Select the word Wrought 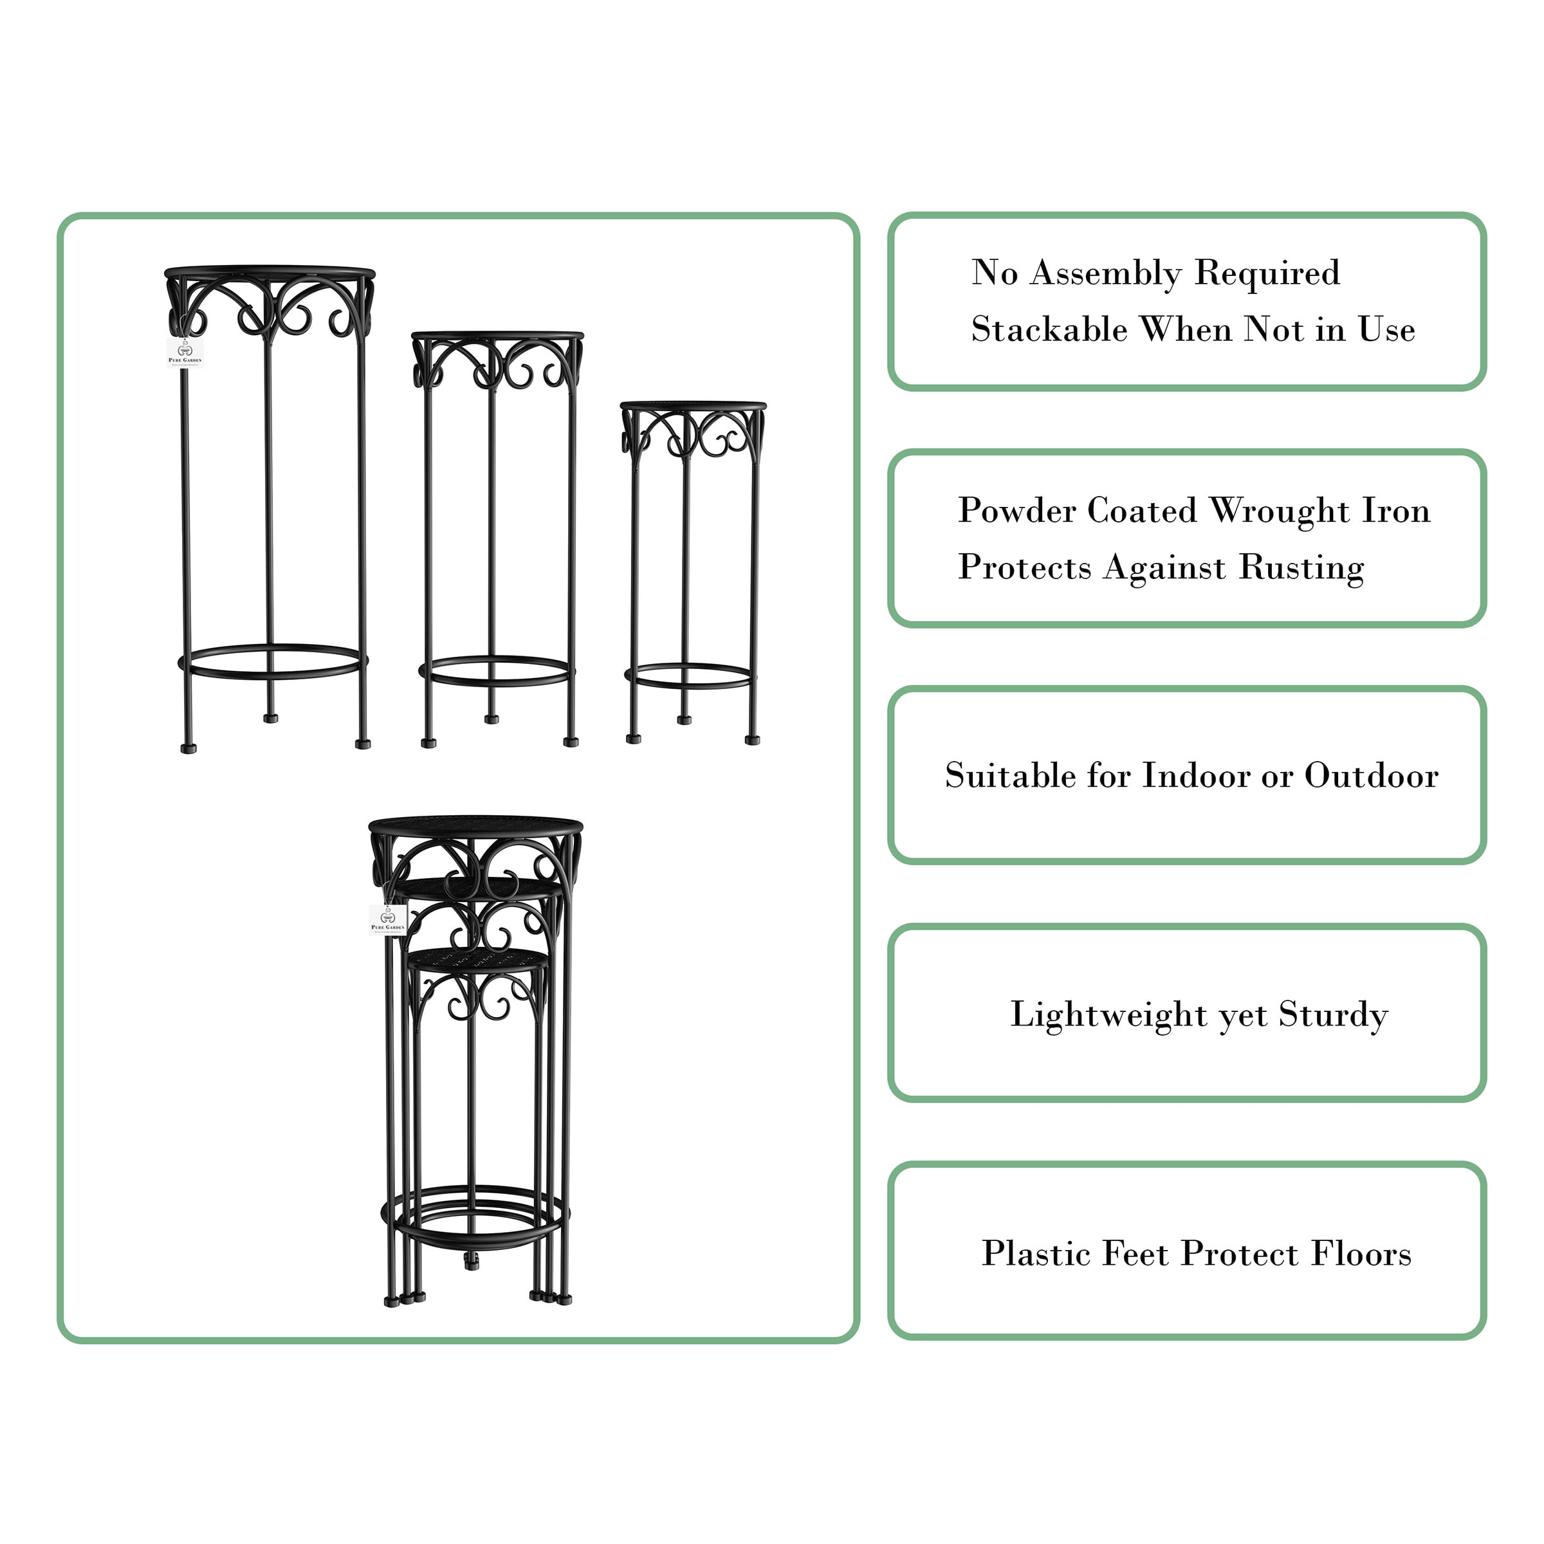coord(1279,511)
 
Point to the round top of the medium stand coord(497,336)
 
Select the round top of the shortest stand coord(693,406)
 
